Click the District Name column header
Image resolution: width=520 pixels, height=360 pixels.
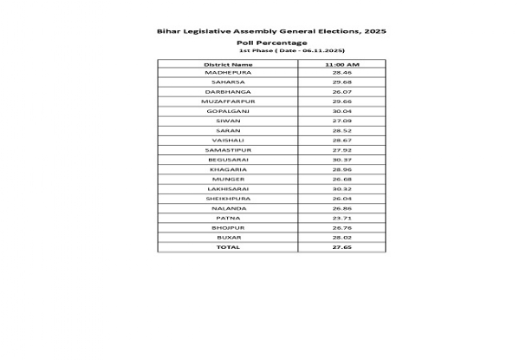pyautogui.click(x=228, y=64)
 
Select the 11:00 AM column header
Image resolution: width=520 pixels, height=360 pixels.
pyautogui.click(x=342, y=64)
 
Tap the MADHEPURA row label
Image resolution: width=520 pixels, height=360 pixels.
pyautogui.click(x=228, y=73)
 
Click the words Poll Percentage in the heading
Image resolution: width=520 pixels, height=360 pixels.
pyautogui.click(x=271, y=43)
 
